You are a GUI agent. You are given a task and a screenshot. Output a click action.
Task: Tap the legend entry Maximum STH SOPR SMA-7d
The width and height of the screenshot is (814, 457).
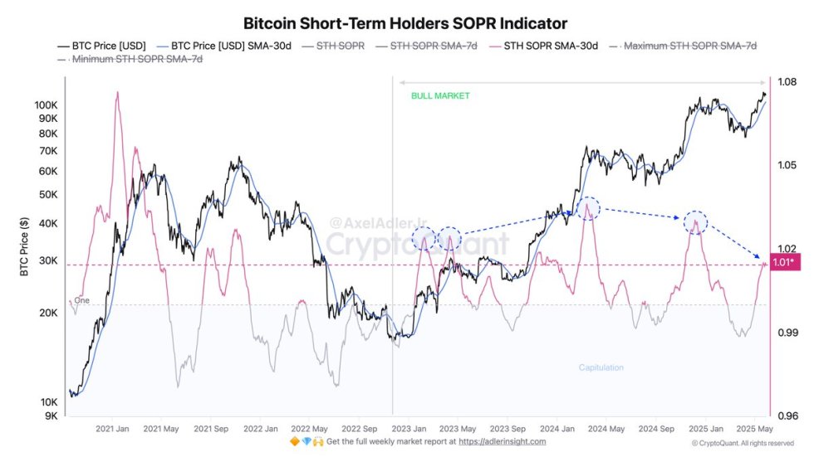coord(690,46)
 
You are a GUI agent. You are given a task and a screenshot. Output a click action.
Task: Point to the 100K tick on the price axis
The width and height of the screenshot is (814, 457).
coord(46,105)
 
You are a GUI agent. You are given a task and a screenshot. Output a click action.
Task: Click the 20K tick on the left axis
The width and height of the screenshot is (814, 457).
coord(48,313)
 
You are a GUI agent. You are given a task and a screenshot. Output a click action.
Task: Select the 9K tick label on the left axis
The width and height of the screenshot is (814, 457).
coord(50,416)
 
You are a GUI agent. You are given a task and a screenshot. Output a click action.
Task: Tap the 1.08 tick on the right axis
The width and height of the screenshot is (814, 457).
coord(786,81)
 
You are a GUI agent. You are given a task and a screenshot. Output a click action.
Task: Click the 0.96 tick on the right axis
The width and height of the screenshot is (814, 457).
coord(786,416)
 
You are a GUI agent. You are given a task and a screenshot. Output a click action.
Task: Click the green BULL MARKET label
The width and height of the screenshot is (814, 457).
coord(440,96)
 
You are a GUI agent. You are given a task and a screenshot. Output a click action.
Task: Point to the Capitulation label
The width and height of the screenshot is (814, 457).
coord(601,367)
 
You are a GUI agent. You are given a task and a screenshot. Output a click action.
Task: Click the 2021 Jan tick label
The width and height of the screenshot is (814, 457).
coord(112,429)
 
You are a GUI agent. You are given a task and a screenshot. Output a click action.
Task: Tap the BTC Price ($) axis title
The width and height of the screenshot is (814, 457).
coord(26,246)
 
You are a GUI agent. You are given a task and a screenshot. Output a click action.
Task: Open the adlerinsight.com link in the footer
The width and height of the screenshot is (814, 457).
coord(503,441)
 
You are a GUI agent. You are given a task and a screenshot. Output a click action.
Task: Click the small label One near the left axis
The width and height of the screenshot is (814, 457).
coord(81,300)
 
